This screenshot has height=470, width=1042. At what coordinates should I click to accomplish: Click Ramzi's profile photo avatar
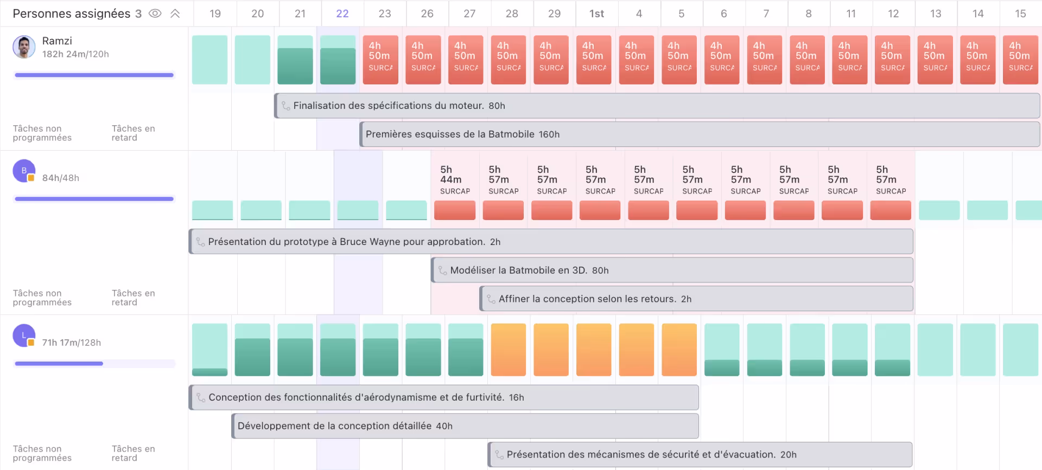click(x=24, y=47)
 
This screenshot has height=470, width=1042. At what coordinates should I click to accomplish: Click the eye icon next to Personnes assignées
click(x=155, y=14)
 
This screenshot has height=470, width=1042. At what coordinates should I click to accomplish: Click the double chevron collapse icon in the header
click(x=175, y=14)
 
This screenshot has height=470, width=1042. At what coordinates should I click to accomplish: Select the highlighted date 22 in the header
click(x=342, y=14)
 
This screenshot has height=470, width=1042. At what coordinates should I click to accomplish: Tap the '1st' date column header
click(x=596, y=14)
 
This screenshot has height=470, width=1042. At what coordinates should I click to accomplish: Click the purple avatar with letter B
click(x=24, y=171)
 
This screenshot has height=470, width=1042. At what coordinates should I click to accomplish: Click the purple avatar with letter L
click(x=24, y=336)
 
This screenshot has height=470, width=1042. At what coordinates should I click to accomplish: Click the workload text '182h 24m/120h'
click(x=75, y=54)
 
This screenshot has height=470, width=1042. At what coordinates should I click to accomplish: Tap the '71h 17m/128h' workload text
click(x=72, y=343)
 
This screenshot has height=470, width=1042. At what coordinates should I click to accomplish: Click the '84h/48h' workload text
click(x=61, y=178)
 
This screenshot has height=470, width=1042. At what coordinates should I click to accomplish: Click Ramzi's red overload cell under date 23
click(x=380, y=60)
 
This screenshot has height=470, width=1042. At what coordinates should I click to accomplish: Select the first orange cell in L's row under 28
click(x=509, y=350)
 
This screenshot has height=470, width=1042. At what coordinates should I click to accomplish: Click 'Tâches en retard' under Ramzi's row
click(x=133, y=133)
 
